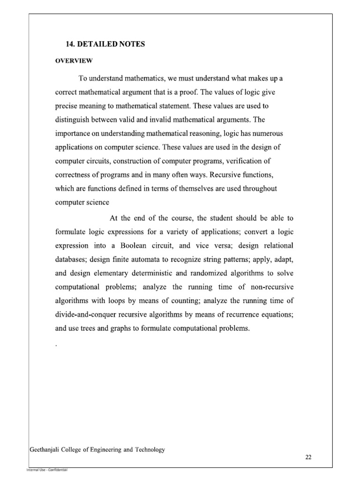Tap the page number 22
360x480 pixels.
pyautogui.click(x=308, y=458)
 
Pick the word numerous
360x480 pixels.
pyautogui.click(x=280, y=134)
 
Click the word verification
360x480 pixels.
pyautogui.click(x=254, y=161)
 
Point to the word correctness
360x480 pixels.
pyautogui.click(x=74, y=175)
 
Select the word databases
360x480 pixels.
pyautogui.click(x=71, y=260)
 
